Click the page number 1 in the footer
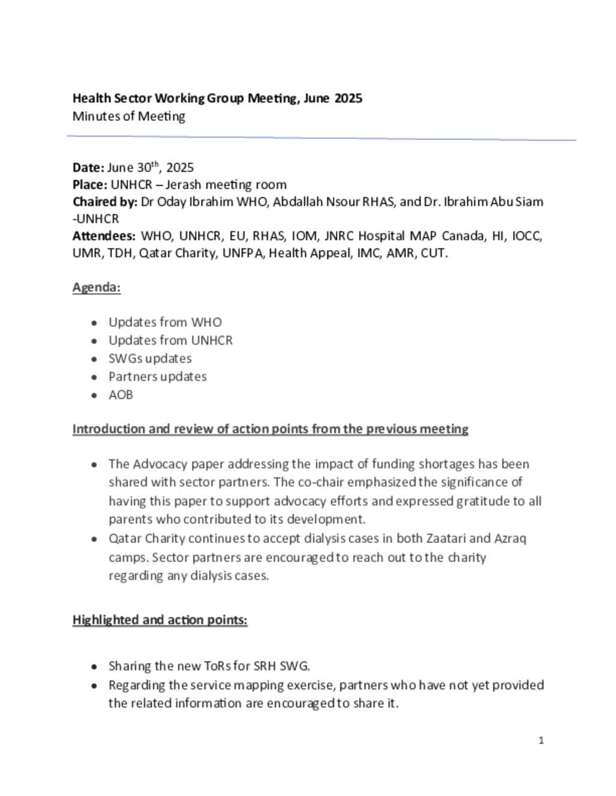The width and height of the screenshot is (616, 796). tap(541, 740)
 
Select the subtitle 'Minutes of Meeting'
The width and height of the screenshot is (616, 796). tap(129, 116)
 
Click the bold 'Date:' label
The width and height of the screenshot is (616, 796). tap(88, 168)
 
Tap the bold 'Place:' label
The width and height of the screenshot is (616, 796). tap(90, 184)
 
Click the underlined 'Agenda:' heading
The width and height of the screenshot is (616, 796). tap(96, 287)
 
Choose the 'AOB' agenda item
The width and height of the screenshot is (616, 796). tap(120, 395)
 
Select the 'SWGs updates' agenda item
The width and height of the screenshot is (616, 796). tap(150, 359)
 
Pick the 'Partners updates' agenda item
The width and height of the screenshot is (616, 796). tap(158, 377)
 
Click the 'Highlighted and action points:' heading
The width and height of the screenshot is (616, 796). tap(160, 620)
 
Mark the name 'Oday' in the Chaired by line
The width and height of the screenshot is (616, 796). tap(171, 202)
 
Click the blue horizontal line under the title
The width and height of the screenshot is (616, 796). tap(321, 138)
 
